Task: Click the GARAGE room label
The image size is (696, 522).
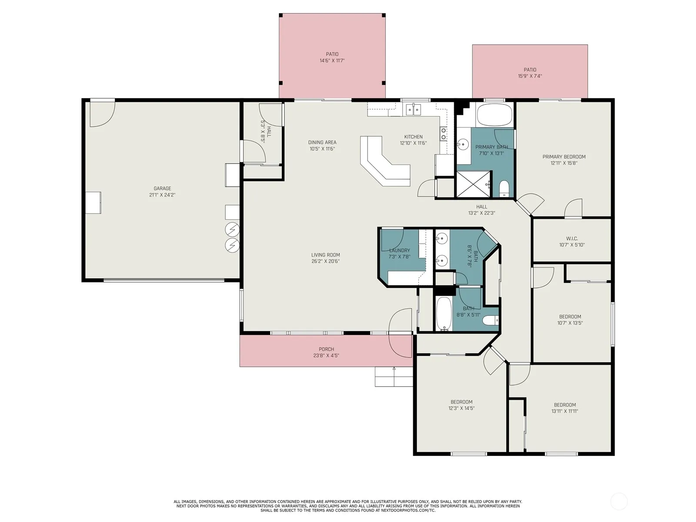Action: pyautogui.click(x=162, y=188)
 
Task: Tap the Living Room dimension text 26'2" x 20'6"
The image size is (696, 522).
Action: pyautogui.click(x=326, y=261)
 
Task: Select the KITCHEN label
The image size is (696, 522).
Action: pyautogui.click(x=414, y=137)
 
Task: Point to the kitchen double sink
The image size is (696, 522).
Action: pyautogui.click(x=414, y=109)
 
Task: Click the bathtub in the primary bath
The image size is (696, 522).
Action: pyautogui.click(x=494, y=114)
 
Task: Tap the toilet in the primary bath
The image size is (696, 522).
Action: pyautogui.click(x=504, y=189)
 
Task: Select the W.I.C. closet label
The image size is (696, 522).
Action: pyautogui.click(x=572, y=238)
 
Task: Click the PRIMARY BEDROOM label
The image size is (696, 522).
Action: pyautogui.click(x=564, y=157)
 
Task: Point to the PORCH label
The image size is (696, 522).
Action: pyautogui.click(x=326, y=349)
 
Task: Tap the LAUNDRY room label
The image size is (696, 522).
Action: pyautogui.click(x=399, y=251)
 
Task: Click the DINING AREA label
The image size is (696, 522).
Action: pyautogui.click(x=322, y=142)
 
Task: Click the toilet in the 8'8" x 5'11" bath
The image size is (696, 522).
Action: pyautogui.click(x=490, y=321)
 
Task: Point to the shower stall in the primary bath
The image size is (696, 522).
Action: pyautogui.click(x=473, y=184)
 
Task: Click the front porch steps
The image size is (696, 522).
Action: pyautogui.click(x=394, y=377)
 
